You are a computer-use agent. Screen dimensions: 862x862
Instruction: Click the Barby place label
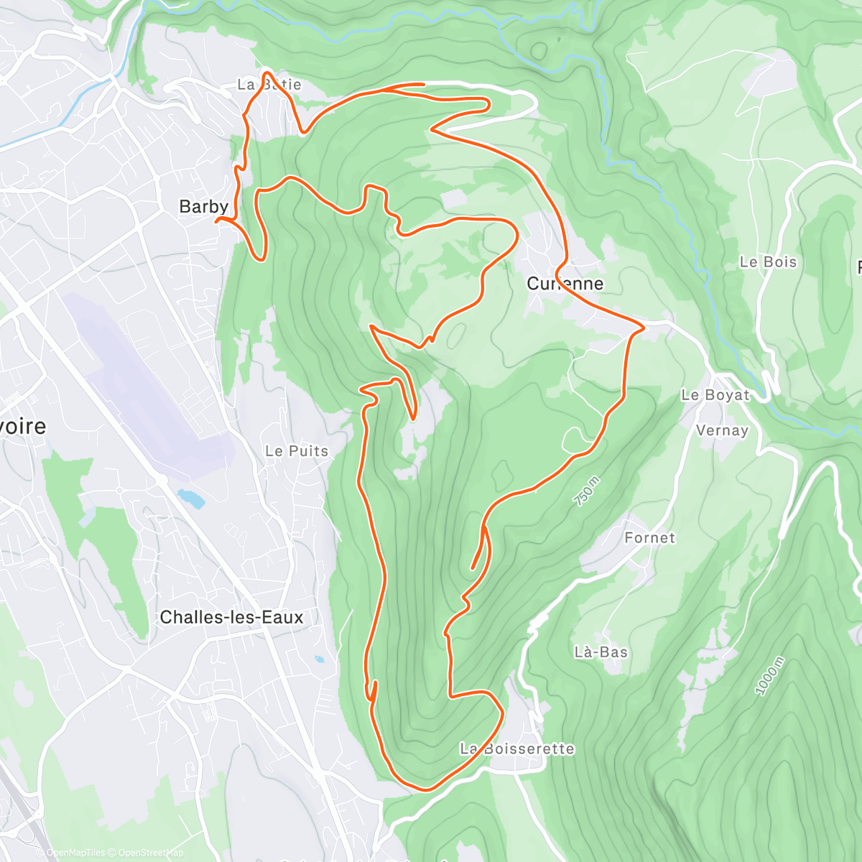coord(203,207)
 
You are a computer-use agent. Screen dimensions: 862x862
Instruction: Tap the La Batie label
coord(269,85)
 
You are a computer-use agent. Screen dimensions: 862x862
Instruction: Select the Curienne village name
coord(565,284)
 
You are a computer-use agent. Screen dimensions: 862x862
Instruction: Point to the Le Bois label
coord(768,262)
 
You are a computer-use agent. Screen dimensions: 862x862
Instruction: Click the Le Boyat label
coord(715,395)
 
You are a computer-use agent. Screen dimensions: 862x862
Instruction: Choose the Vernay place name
coord(722,430)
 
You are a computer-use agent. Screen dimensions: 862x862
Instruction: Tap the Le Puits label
coord(297,451)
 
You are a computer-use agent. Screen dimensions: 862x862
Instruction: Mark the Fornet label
coord(649,537)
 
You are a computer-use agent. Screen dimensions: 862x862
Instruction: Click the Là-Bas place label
coord(601,652)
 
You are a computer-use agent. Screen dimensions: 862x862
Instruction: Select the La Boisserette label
coord(517,749)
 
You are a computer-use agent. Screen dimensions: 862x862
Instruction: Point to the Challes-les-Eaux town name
coord(231,617)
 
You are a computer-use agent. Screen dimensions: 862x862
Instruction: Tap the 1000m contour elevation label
coord(770,676)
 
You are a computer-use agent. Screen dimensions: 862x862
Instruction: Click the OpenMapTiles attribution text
coord(75,853)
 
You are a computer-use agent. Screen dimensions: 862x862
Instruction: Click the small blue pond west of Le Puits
coord(190,497)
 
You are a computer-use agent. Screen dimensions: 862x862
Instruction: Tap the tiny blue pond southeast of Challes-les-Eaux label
coord(319,659)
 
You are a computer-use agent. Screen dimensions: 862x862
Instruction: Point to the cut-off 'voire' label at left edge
coord(23,427)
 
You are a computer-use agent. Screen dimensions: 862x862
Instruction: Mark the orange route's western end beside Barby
coord(217,221)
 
